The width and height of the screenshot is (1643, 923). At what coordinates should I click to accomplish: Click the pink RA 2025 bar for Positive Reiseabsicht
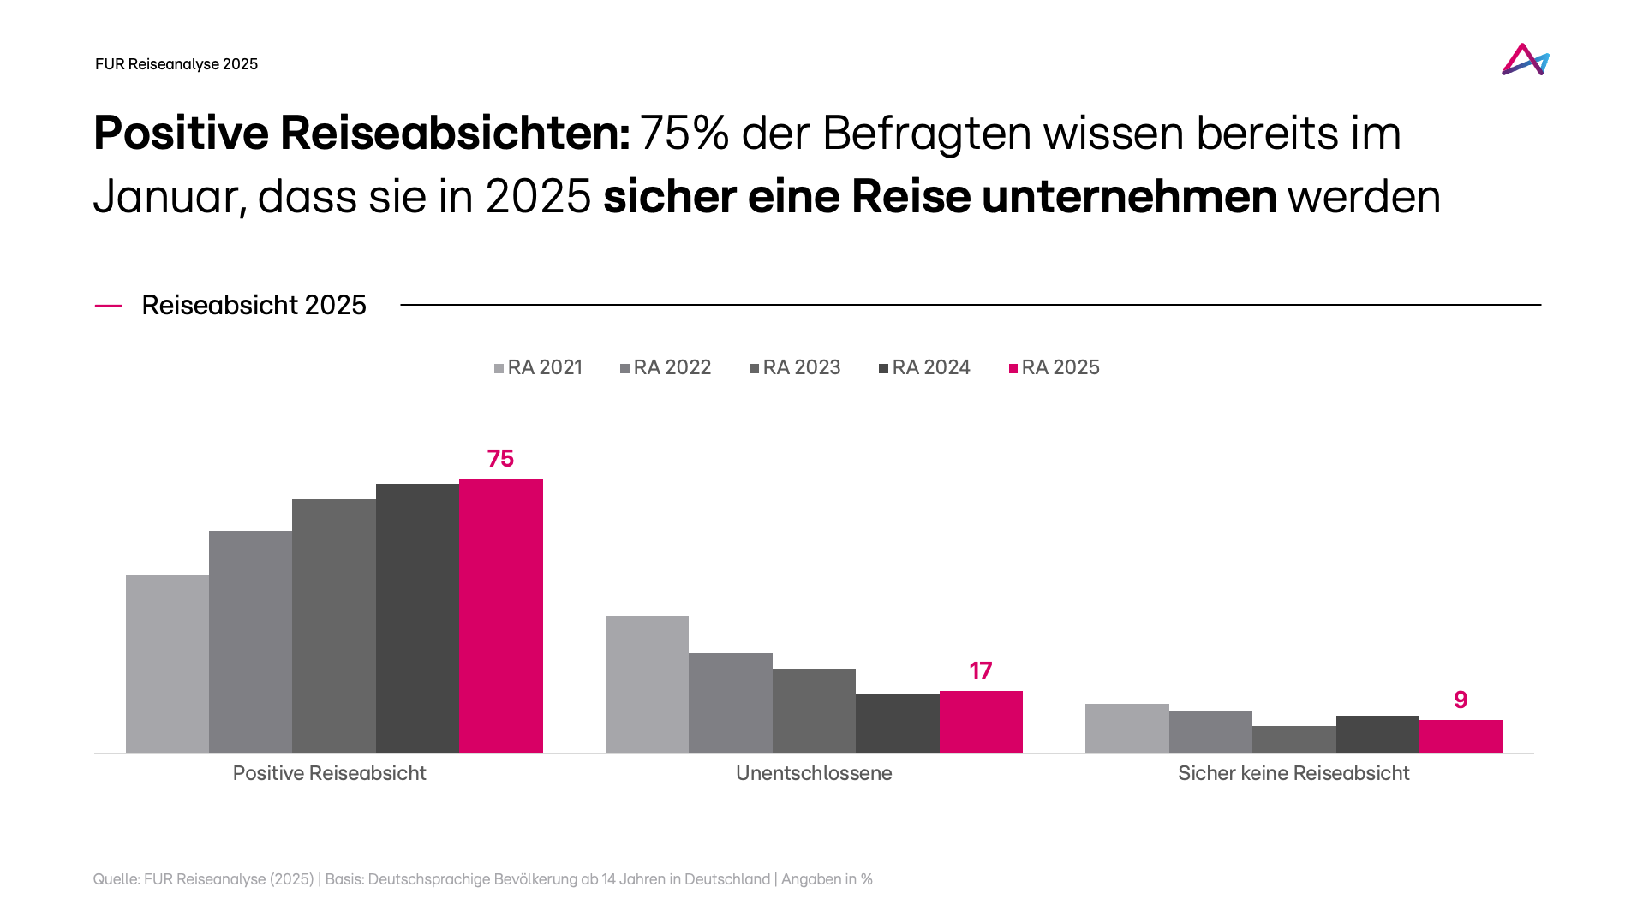[500, 616]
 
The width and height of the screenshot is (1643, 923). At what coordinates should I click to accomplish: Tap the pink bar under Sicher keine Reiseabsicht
[1461, 736]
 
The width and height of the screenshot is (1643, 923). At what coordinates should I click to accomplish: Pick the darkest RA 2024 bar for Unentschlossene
[897, 724]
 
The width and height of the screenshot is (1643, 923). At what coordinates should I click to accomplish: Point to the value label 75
[500, 459]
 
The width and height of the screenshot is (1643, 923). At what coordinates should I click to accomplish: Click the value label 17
[980, 671]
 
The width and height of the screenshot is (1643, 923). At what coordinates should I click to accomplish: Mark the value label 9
[1461, 700]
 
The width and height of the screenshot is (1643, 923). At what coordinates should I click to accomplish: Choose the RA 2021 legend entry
[538, 367]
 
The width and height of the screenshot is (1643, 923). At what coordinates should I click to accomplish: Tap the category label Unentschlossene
[814, 773]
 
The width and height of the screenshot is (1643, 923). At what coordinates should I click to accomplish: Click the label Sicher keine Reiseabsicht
[1293, 773]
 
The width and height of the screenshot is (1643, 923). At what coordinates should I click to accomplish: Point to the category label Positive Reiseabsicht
[329, 773]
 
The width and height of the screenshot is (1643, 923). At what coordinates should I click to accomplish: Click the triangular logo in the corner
[1525, 60]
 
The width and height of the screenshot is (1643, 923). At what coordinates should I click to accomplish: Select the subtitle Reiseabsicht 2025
[254, 305]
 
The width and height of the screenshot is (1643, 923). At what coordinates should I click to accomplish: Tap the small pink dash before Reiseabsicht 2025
[108, 306]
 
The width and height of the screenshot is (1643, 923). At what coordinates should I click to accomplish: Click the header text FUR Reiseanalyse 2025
[176, 64]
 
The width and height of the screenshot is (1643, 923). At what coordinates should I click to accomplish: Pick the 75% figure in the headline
[684, 134]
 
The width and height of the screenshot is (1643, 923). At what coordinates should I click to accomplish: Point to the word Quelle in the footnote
[115, 879]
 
